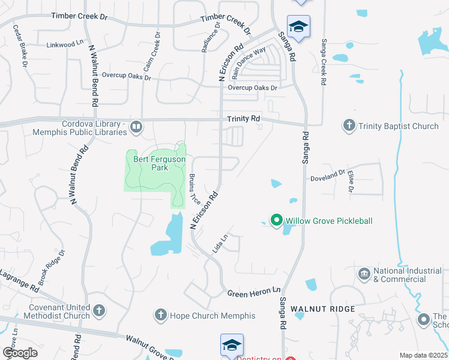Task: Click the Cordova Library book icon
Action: (136, 127)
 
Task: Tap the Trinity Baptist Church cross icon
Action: (349, 126)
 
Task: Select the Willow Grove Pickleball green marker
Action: (276, 221)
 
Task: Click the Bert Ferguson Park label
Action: (159, 163)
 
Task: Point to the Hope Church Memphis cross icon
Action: (160, 315)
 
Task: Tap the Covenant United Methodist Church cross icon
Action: (99, 311)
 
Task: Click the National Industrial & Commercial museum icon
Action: (364, 275)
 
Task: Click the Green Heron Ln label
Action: (254, 292)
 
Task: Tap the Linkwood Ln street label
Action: (65, 44)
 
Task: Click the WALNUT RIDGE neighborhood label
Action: (323, 309)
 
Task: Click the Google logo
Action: (20, 353)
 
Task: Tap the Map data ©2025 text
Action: (423, 355)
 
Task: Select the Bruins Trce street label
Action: (194, 189)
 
